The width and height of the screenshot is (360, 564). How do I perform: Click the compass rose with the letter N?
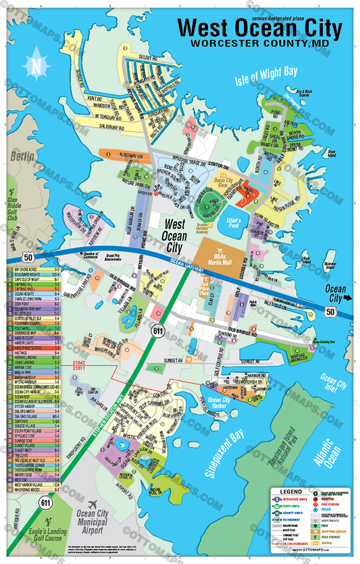pos(35,65)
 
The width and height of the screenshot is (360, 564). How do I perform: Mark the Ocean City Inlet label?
pos(332,384)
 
